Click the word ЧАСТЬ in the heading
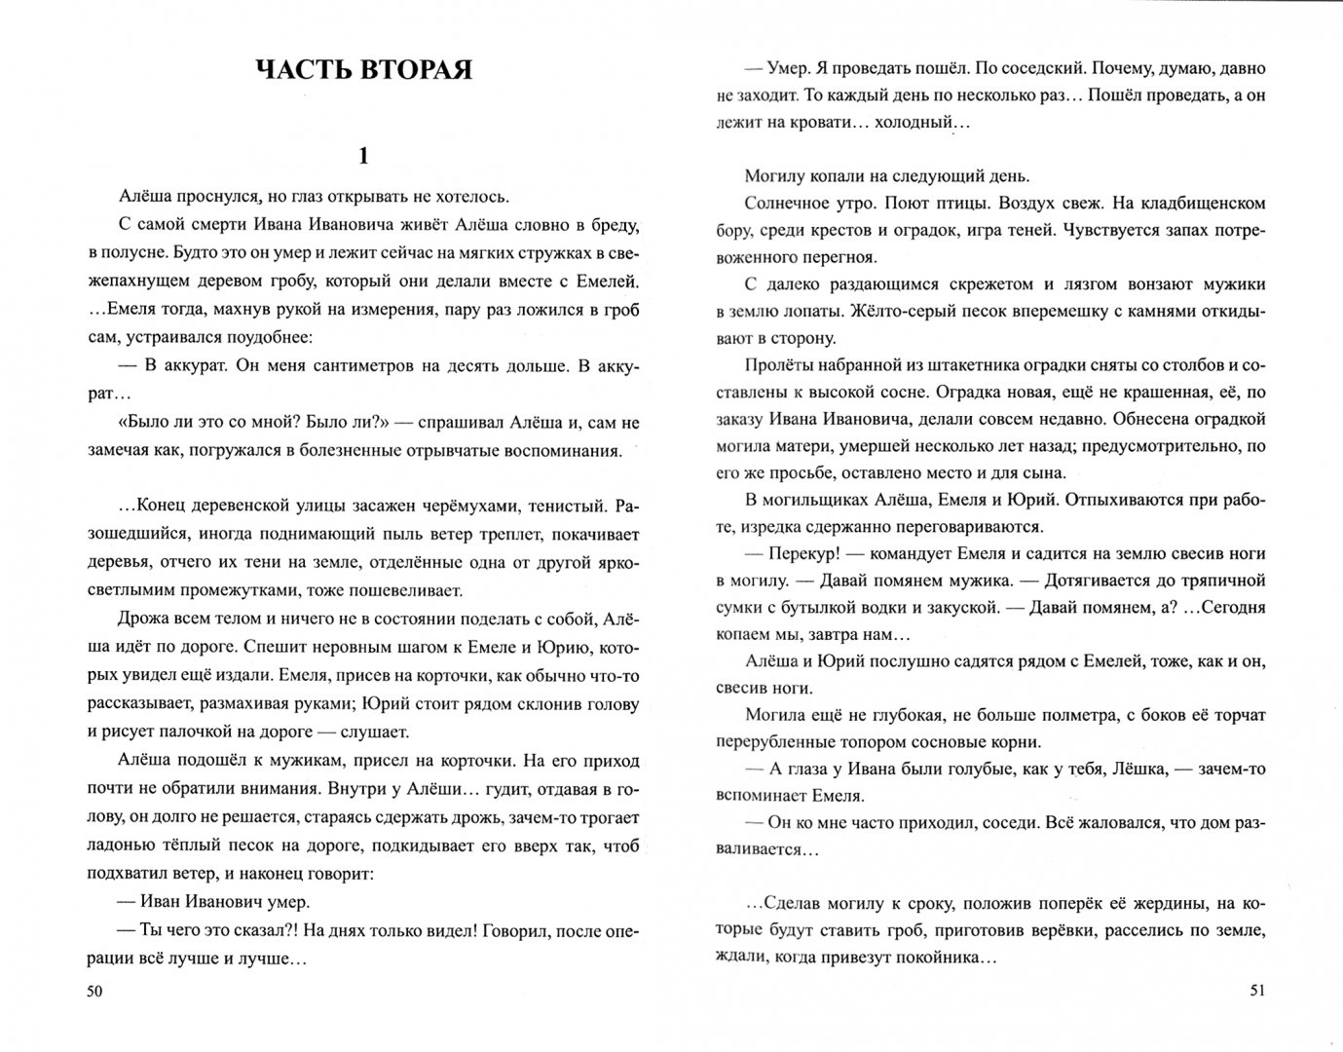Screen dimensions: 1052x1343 (x=305, y=70)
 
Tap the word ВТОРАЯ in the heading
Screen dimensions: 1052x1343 (x=417, y=70)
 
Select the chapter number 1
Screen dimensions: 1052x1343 (x=363, y=156)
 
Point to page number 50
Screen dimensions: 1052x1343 (x=94, y=991)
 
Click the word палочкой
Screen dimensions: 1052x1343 (x=171, y=731)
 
